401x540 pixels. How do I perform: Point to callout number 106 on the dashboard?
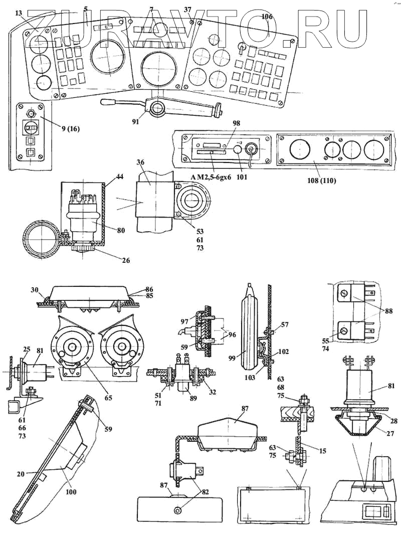tap(267, 17)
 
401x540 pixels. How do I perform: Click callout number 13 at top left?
tap(19, 13)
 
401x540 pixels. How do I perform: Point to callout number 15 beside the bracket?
tap(322, 451)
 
